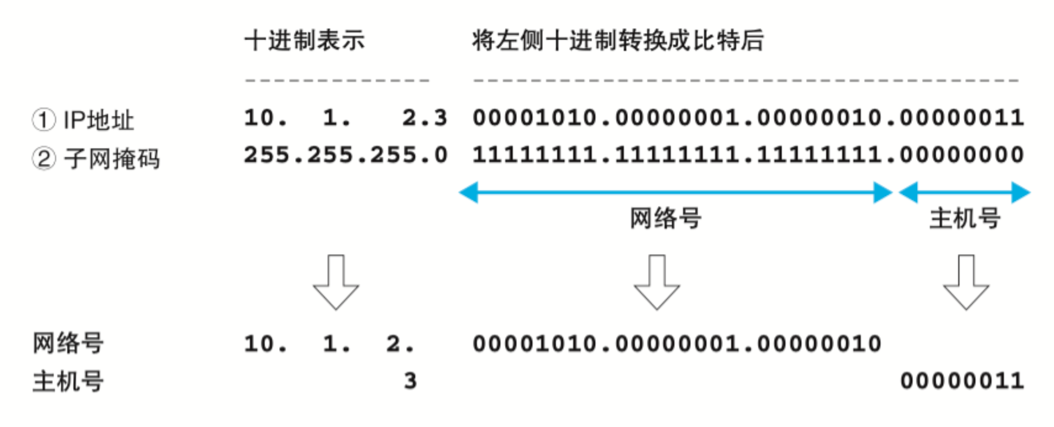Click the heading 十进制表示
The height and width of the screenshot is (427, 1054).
point(305,41)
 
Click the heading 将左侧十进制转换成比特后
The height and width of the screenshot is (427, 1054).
point(618,41)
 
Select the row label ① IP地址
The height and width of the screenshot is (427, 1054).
point(83,120)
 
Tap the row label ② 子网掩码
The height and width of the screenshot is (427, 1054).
point(96,158)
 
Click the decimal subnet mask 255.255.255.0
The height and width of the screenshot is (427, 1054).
point(346,155)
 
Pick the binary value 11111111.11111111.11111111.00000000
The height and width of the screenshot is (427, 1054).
point(748,155)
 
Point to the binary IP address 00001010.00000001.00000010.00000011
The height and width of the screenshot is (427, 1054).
point(748,118)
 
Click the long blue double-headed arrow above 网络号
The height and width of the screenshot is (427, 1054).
point(676,192)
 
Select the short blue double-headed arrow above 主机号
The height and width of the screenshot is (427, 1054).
point(964,192)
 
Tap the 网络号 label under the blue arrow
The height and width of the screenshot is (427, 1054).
point(666,218)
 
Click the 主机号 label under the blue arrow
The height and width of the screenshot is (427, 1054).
point(965,218)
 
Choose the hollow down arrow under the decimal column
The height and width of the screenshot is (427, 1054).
point(336,282)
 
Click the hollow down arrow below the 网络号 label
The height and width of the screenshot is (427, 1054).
point(657,282)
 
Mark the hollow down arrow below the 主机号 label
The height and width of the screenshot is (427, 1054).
point(966,282)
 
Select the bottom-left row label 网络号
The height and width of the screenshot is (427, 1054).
point(68,343)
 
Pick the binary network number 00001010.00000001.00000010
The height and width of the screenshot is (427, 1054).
point(677,344)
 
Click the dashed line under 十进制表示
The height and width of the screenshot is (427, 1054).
point(337,81)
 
